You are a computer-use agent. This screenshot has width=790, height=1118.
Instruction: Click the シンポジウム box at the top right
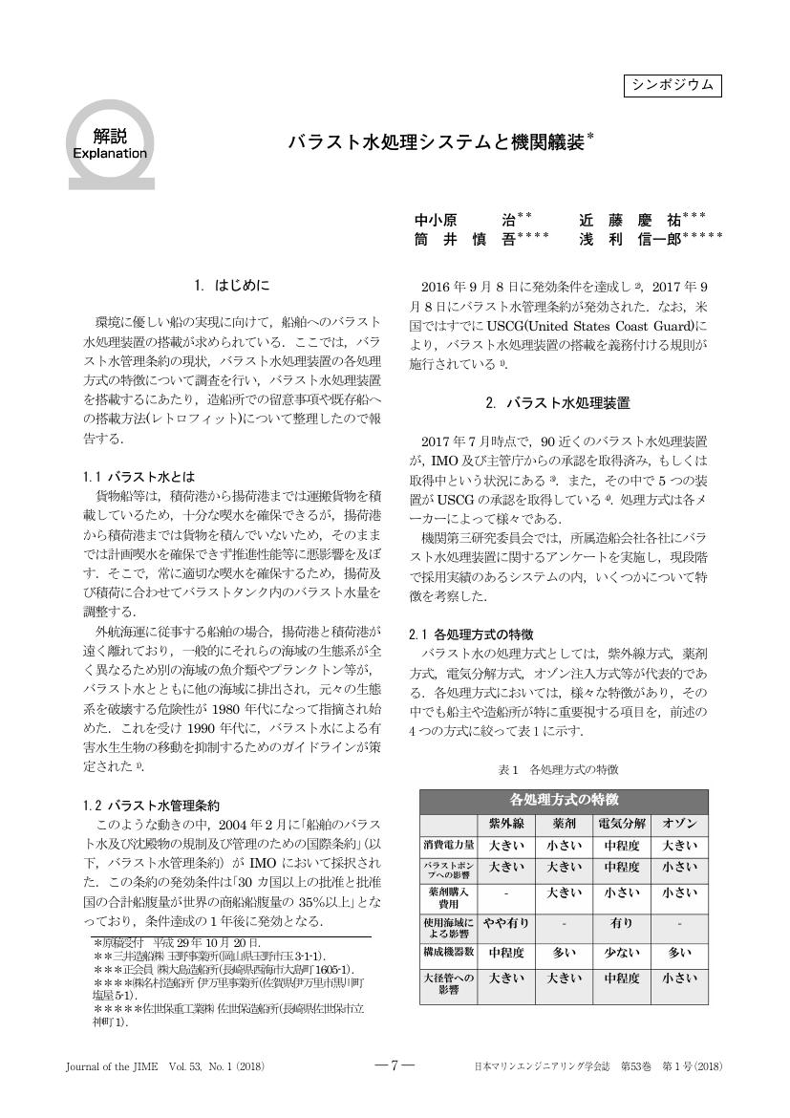pos(672,85)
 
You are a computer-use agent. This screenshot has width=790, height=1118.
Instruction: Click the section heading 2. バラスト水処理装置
pos(557,403)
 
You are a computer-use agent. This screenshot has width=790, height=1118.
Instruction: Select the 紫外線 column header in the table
pos(506,824)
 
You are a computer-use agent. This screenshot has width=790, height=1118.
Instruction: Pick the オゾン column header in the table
pos(679,824)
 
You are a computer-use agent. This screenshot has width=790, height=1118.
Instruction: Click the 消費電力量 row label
pos(449,846)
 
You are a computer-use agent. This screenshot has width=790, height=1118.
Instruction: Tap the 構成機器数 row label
pos(449,953)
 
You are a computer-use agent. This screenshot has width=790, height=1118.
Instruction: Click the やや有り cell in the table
pos(506,924)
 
